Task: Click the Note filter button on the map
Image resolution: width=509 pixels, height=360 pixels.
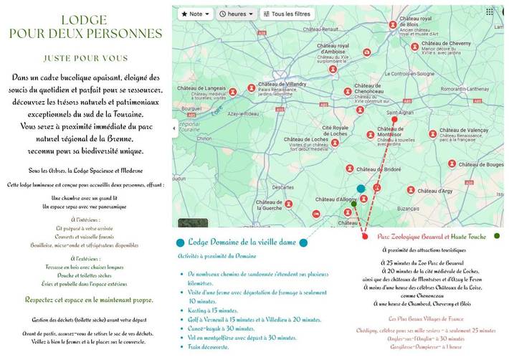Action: point(195,14)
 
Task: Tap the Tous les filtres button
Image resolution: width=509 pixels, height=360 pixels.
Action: point(287,14)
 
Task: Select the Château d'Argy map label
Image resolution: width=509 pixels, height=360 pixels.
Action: point(435,191)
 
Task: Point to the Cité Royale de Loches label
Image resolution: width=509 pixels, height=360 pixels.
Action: point(325,130)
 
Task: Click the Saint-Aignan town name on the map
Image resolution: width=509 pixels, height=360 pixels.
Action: point(401,113)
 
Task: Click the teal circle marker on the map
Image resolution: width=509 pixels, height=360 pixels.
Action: point(361,189)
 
